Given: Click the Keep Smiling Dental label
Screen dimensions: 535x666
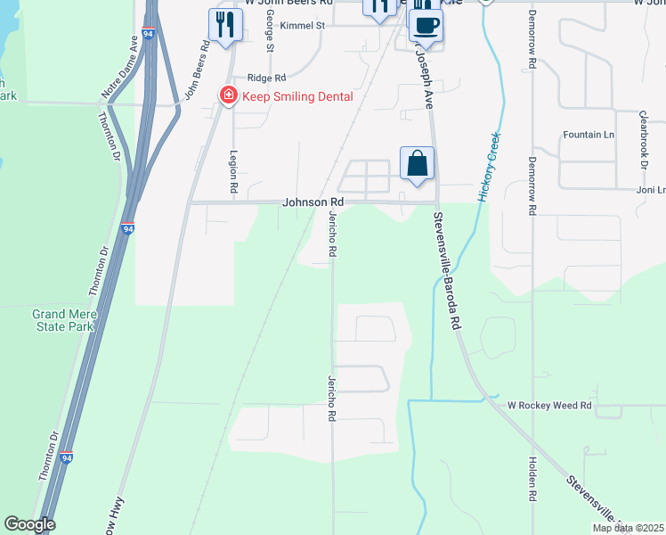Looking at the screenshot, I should pyautogui.click(x=298, y=96).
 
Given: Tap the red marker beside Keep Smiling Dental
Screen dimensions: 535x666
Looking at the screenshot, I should pyautogui.click(x=228, y=95).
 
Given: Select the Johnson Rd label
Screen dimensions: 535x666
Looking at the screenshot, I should pyautogui.click(x=313, y=202).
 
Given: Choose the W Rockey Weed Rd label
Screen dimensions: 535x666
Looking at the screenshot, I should pyautogui.click(x=549, y=405).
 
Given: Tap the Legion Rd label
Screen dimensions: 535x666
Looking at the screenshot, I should pyautogui.click(x=233, y=172).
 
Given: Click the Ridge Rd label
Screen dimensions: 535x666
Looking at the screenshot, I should pyautogui.click(x=266, y=78).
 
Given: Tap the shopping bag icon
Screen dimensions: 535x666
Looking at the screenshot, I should pyautogui.click(x=417, y=164).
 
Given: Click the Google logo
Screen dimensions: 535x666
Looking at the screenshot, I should pyautogui.click(x=29, y=525).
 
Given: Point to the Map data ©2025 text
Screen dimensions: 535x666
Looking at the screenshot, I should pyautogui.click(x=626, y=528).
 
